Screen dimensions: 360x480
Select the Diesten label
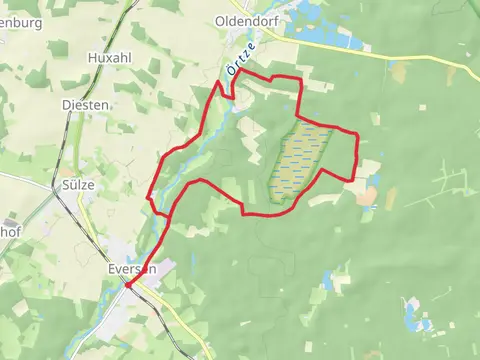(x=85, y=104)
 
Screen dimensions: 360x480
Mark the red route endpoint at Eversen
(x=127, y=286)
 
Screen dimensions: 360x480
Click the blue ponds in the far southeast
(x=413, y=318)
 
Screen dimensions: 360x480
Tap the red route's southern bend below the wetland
(x=262, y=213)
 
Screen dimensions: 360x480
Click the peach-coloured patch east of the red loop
(x=366, y=196)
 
